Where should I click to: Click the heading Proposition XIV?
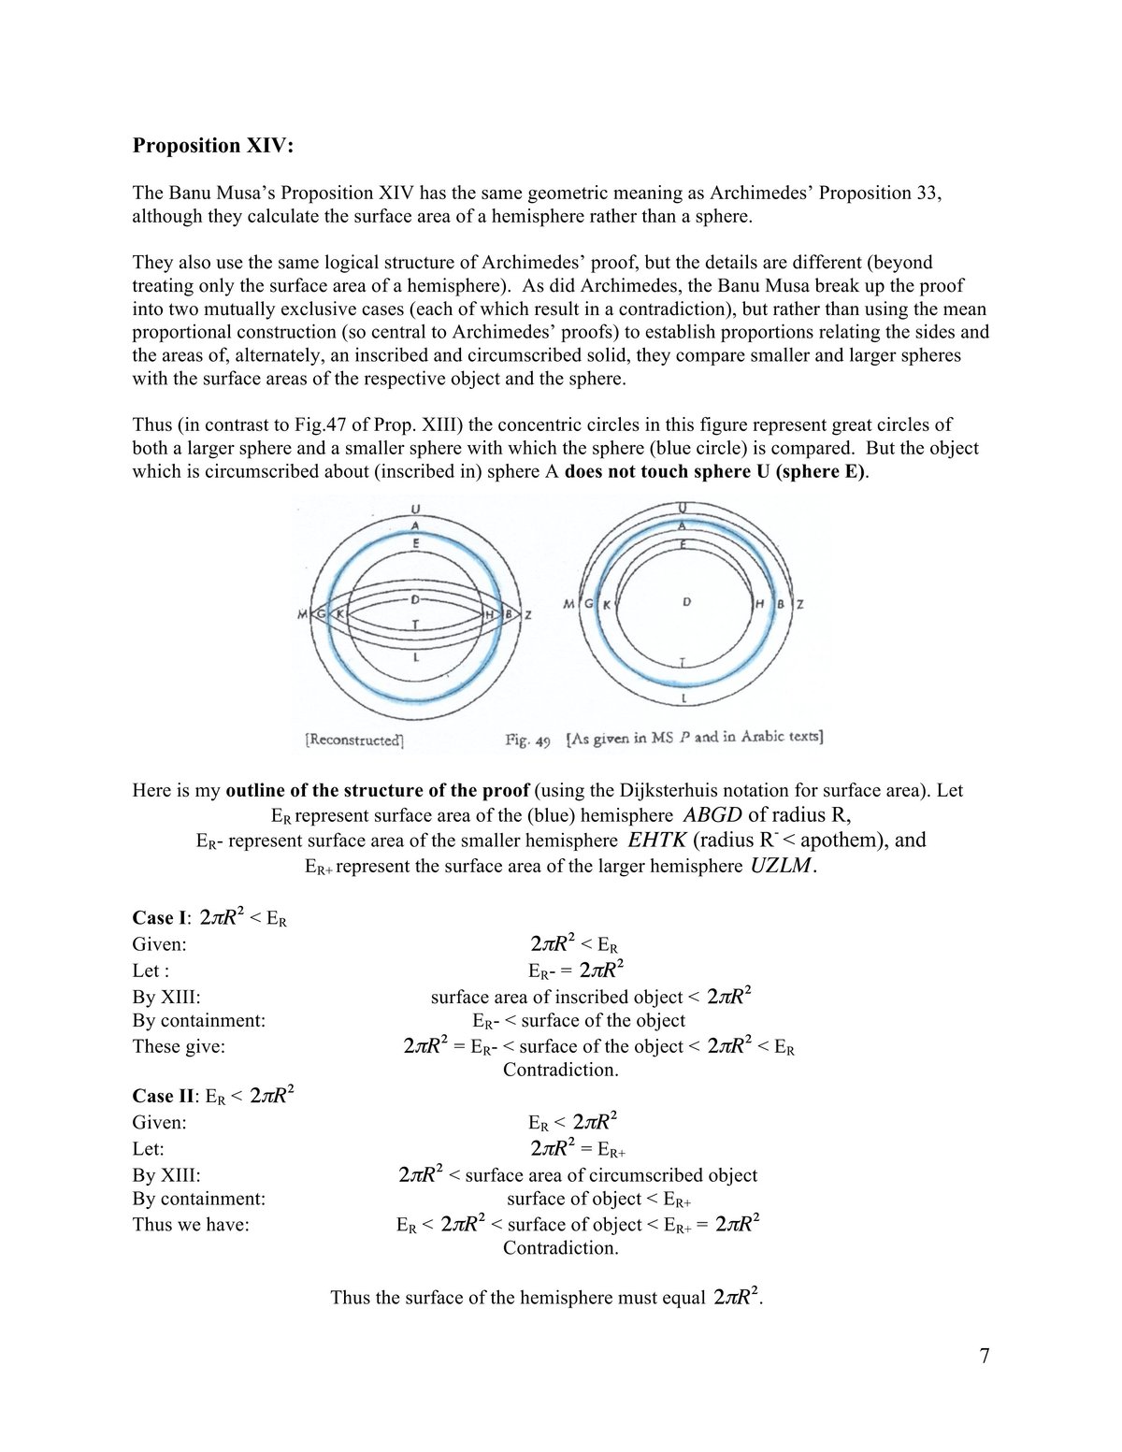(212, 146)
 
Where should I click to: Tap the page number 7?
(985, 1356)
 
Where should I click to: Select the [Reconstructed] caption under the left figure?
(354, 740)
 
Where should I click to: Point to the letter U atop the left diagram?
(415, 510)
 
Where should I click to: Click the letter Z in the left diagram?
(528, 615)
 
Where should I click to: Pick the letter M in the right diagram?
(569, 605)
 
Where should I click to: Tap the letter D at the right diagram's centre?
(686, 602)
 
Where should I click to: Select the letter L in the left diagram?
(415, 657)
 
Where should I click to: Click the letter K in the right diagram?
(606, 605)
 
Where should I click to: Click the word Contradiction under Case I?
(560, 1070)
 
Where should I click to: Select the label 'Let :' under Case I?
(151, 970)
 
